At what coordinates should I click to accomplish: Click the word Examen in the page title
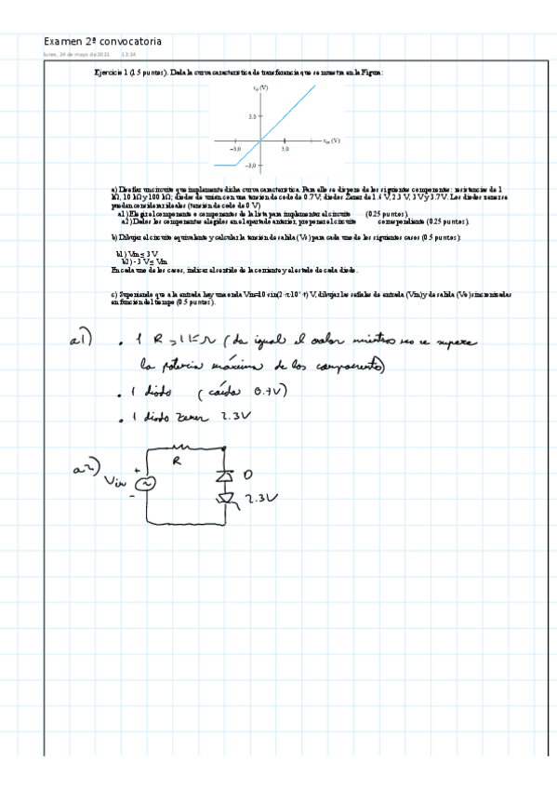(x=62, y=42)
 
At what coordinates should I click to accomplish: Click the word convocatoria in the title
(x=131, y=42)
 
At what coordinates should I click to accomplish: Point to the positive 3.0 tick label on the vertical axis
(x=252, y=117)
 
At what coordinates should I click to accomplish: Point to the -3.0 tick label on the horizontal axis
(x=236, y=149)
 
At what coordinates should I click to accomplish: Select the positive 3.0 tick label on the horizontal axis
(x=285, y=149)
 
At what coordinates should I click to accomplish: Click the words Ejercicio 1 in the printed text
(x=112, y=72)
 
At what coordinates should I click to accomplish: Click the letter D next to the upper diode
(x=247, y=475)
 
